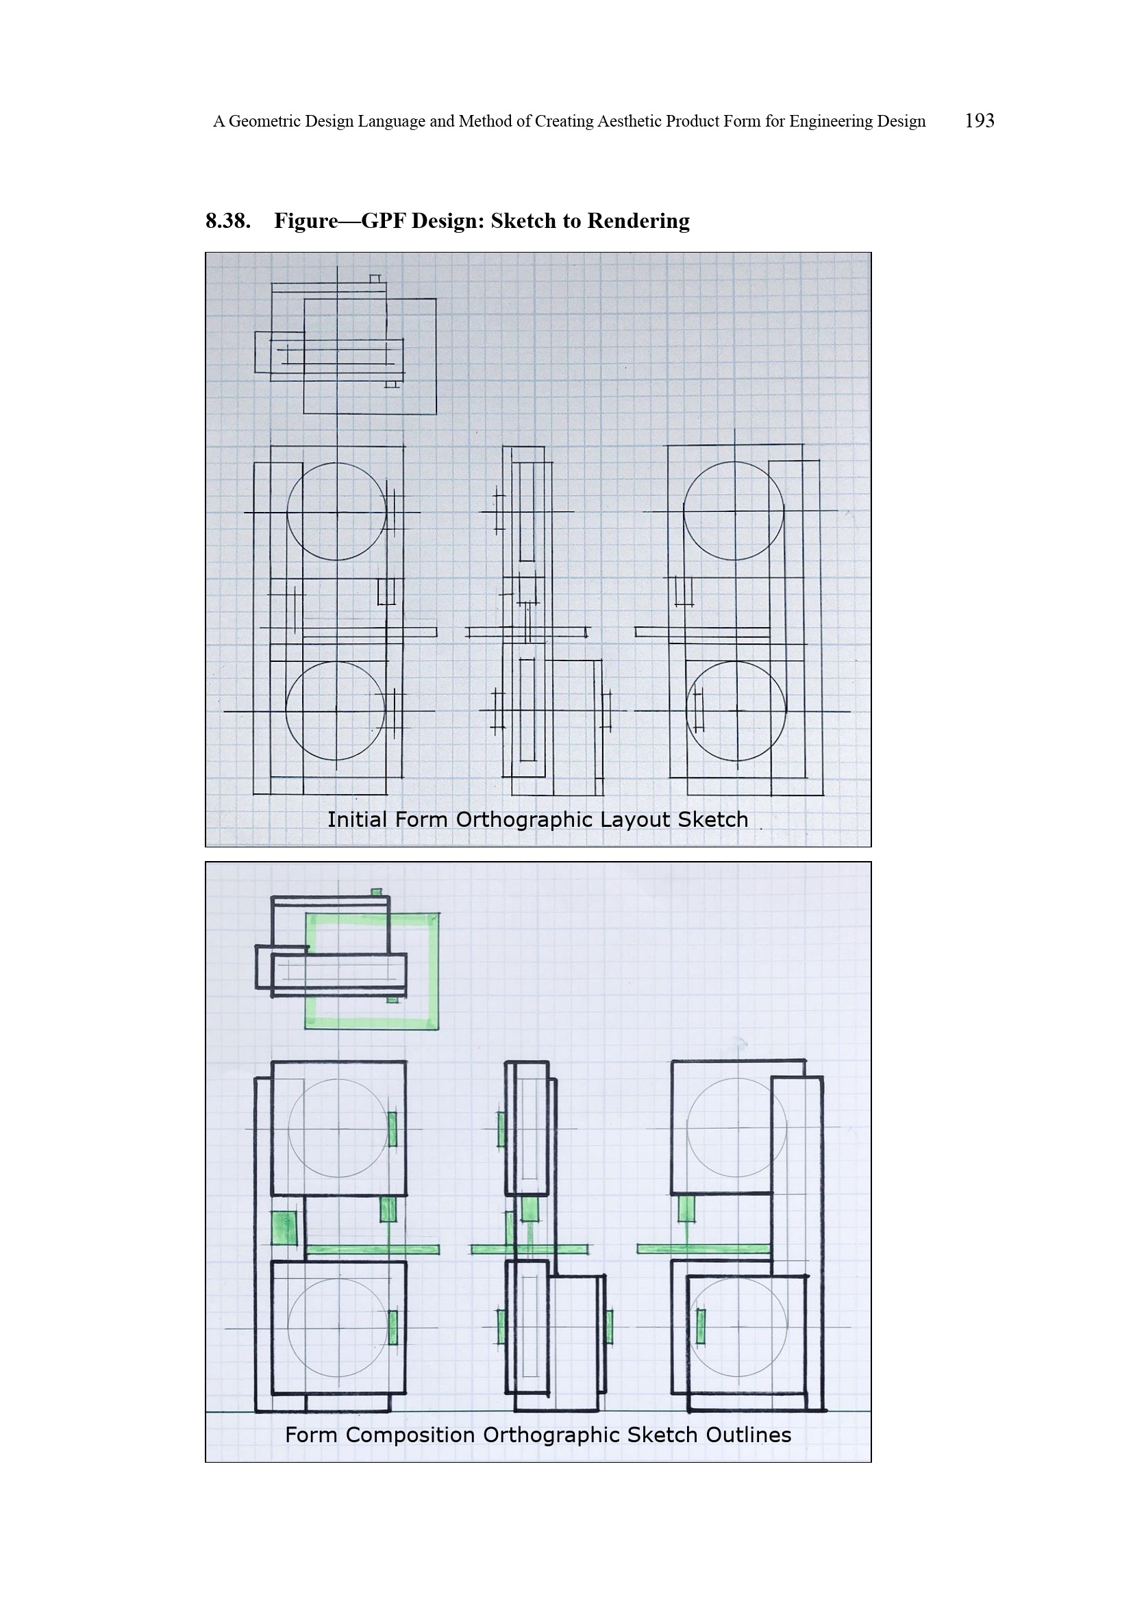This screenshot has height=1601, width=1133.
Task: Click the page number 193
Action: [979, 120]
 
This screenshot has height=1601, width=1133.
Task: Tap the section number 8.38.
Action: [228, 220]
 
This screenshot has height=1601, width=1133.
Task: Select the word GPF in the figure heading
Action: [383, 220]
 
